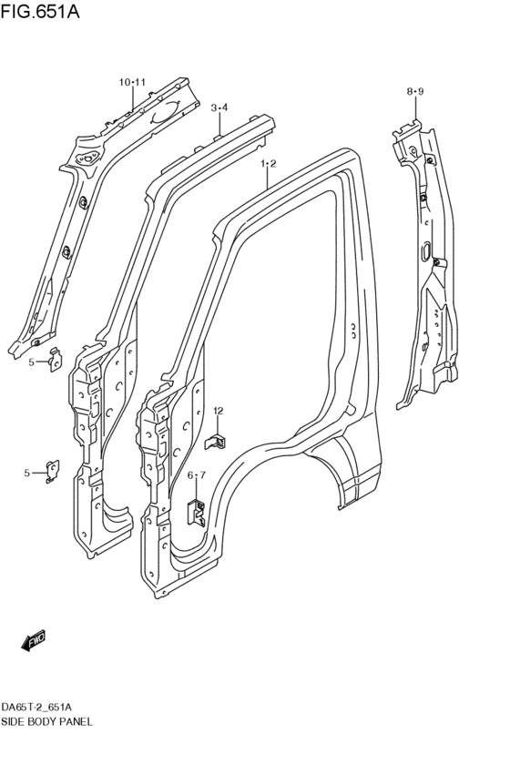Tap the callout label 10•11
[x=132, y=83]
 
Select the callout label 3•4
[x=219, y=107]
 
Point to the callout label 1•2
[x=268, y=164]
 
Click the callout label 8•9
[x=415, y=91]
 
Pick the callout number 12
[x=219, y=412]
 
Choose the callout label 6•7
[x=197, y=475]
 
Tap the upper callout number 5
[x=30, y=362]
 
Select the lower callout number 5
[x=26, y=472]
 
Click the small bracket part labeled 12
[x=216, y=441]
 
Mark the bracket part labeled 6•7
[x=196, y=512]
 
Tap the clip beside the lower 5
[x=53, y=470]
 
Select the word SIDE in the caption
[x=13, y=721]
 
